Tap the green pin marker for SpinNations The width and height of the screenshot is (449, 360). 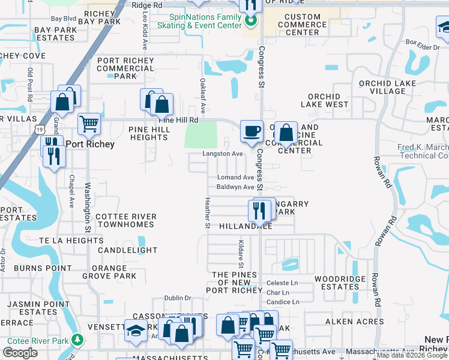pos(252,23)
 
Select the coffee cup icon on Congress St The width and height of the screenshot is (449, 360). pos(251,130)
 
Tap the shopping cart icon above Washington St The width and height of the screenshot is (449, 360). pos(89,124)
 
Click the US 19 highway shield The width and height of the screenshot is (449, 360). pos(40,128)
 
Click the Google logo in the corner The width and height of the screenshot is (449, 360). pos(20,353)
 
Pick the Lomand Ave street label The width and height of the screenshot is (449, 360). pos(235,178)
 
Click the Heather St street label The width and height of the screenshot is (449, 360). pos(208,213)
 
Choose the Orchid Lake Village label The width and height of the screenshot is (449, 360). pos(382,87)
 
